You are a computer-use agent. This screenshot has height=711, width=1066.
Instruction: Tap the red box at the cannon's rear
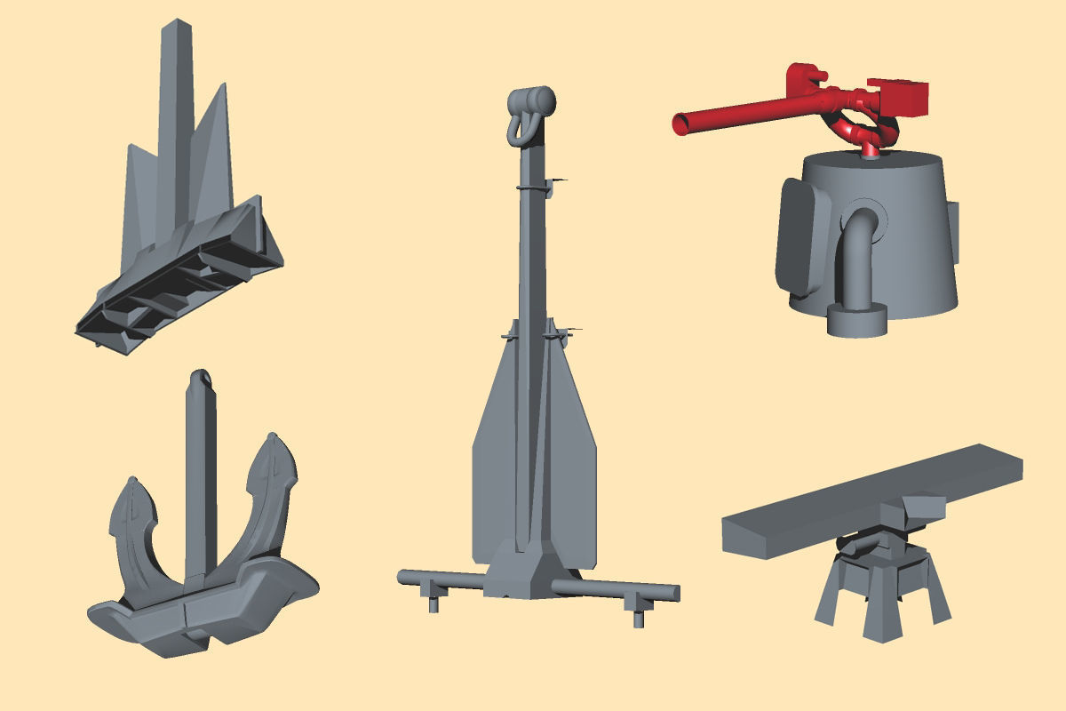899,95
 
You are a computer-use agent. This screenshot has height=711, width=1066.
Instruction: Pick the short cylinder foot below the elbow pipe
857,320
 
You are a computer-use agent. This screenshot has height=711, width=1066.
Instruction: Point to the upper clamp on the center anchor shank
533,188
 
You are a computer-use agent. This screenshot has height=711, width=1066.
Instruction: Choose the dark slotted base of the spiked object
178,284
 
